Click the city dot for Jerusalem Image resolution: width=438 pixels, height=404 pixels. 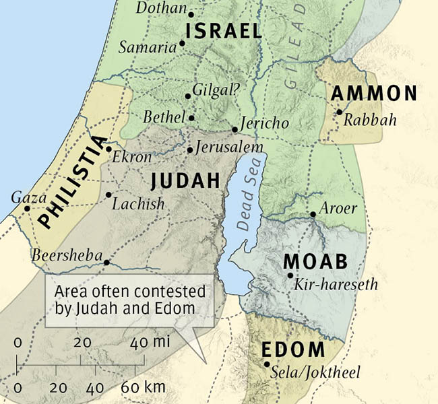click(x=189, y=150)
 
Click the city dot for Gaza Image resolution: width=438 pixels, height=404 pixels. click(x=27, y=208)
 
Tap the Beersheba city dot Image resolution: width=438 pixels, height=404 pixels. click(x=106, y=263)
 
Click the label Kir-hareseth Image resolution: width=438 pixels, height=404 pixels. click(x=336, y=285)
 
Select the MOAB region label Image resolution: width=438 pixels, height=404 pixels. click(x=315, y=261)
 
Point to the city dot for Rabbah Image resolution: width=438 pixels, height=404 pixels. click(x=340, y=112)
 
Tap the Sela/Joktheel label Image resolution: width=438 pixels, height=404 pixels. click(x=315, y=372)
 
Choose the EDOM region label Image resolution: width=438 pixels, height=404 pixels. click(x=293, y=350)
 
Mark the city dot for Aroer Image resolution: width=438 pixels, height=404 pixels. click(x=313, y=215)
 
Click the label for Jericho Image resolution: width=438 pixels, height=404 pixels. click(x=265, y=123)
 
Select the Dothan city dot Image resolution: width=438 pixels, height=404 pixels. click(x=191, y=13)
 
